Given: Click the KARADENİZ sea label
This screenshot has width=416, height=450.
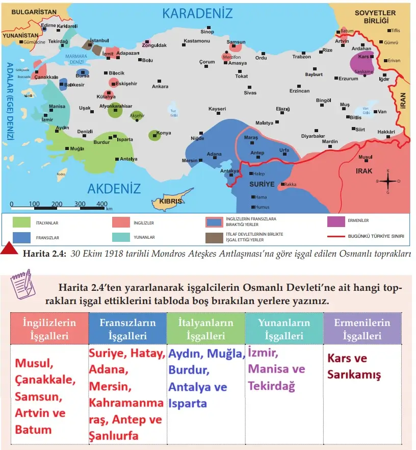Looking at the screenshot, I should tap(197, 14).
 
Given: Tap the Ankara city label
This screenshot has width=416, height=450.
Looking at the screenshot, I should tap(160, 87).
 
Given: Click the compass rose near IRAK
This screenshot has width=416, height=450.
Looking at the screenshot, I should tap(388, 181).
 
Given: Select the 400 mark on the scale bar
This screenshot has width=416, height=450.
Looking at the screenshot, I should tap(101, 204).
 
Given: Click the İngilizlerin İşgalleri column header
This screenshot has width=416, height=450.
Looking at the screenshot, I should tap(49, 329).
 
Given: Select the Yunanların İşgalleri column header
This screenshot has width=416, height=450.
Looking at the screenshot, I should tap(284, 329).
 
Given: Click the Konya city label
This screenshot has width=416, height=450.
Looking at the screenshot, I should tap(164, 133).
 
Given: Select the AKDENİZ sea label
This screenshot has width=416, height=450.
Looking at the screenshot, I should tap(114, 188).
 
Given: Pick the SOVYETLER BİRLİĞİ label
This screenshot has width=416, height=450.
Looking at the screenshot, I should tap(376, 16).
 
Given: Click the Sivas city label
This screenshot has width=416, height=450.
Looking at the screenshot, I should tap(250, 93).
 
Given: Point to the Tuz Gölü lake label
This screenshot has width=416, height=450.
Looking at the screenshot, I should tap(173, 113).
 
